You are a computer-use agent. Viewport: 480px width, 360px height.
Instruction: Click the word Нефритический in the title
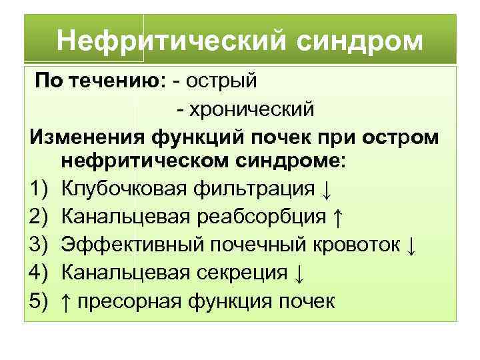[x=169, y=41]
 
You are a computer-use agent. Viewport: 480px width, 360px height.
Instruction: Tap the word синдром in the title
[x=357, y=41]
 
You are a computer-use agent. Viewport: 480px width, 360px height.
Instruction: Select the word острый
[x=223, y=81]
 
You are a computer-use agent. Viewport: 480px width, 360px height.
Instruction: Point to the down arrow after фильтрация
[x=325, y=191]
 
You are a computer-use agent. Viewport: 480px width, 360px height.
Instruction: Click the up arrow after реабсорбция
[x=338, y=218]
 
